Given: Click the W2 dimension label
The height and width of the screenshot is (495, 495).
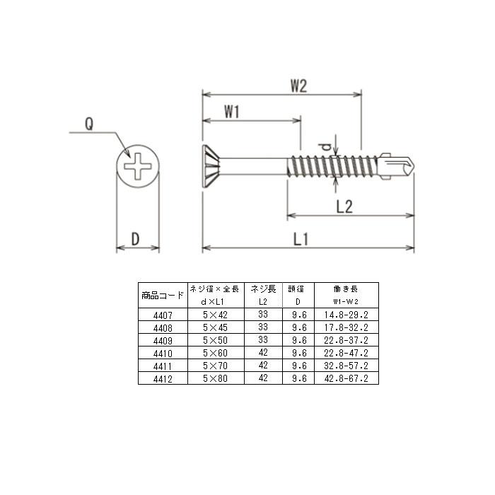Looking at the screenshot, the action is [x=298, y=86].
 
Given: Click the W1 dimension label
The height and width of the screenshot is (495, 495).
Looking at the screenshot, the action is [x=232, y=112].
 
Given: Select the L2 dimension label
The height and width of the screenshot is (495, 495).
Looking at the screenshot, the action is [x=344, y=206].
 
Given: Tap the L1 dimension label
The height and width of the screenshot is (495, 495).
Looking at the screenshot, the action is [x=301, y=239].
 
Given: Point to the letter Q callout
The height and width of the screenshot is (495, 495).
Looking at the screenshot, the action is [x=89, y=124].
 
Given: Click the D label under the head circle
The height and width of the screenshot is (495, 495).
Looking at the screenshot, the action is [x=135, y=239].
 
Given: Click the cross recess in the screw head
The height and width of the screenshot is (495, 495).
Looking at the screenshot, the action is [x=138, y=166].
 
